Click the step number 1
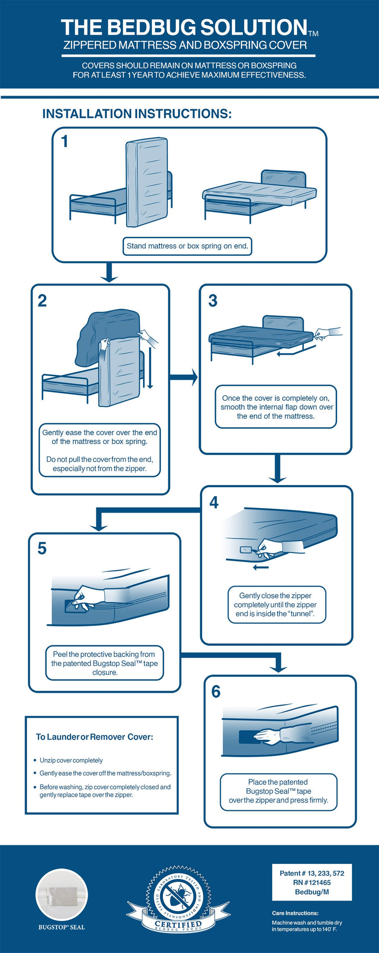(x=65, y=142)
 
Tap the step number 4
(x=214, y=503)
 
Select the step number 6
(x=216, y=692)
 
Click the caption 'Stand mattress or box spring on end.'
(x=187, y=246)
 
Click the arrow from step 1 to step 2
(x=109, y=272)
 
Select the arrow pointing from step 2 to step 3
(x=184, y=377)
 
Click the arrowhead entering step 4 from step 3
(x=277, y=478)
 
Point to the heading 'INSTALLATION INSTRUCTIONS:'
(x=137, y=114)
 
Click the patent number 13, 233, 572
(x=312, y=873)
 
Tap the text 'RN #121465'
(x=312, y=882)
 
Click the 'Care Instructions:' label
(x=295, y=913)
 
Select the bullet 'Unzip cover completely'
(x=71, y=760)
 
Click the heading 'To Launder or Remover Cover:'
(x=94, y=737)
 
